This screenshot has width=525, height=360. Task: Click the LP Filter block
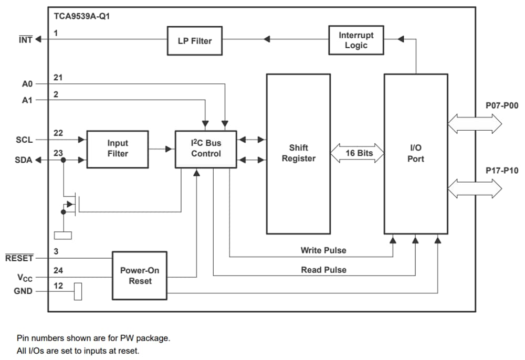coord(195,40)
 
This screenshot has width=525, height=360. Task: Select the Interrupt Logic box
coord(356,40)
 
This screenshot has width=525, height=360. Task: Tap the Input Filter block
coord(118,149)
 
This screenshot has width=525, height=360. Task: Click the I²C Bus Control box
coord(206,149)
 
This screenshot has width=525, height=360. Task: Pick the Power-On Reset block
coord(140,276)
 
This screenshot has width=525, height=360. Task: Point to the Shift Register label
coord(298,153)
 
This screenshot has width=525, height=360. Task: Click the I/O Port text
coord(415,153)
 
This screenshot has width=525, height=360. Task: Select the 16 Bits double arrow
coord(357,153)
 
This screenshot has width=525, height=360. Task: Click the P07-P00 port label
coord(501,105)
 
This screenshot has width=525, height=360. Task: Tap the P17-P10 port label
coord(501,170)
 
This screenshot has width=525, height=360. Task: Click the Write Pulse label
coord(323,250)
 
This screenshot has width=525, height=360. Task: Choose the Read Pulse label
coord(323,270)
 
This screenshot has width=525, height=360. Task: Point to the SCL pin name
coord(24,140)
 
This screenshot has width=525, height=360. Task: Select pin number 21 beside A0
coord(58,78)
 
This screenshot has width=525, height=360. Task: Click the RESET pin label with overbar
coord(19,258)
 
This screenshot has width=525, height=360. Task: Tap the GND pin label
coord(23,291)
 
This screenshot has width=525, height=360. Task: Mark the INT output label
coord(25,40)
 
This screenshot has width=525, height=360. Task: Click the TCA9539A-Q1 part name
coord(82,16)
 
